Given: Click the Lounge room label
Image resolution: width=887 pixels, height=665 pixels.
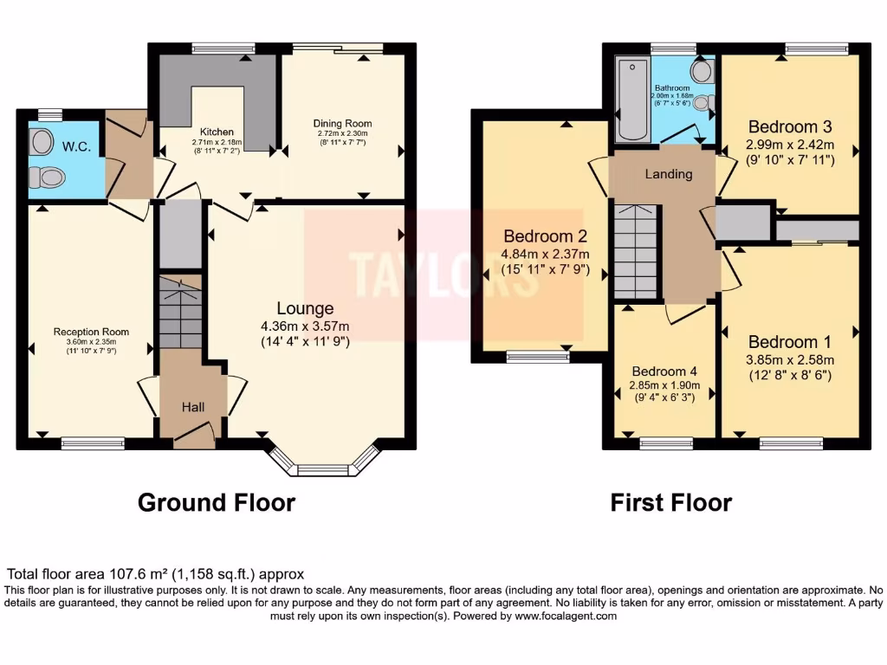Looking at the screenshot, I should pyautogui.click(x=305, y=308).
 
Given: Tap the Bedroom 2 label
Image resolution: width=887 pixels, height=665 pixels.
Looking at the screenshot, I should pyautogui.click(x=546, y=236).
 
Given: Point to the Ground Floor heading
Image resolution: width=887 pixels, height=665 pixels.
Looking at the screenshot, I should pyautogui.click(x=217, y=502).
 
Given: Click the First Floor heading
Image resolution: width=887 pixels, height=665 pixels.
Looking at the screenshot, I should pyautogui.click(x=670, y=502).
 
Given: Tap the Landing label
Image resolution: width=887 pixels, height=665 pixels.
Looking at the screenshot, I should pyautogui.click(x=669, y=174).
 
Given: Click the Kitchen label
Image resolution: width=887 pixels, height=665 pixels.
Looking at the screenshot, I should pyautogui.click(x=217, y=132).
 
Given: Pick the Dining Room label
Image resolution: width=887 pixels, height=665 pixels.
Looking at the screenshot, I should pyautogui.click(x=341, y=124).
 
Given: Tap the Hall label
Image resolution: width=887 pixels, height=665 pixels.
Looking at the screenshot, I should pyautogui.click(x=193, y=406).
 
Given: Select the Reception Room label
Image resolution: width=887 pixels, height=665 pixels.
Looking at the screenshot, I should pyautogui.click(x=91, y=332).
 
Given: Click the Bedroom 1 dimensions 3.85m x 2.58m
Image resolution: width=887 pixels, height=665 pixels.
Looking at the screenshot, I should pyautogui.click(x=790, y=360).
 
